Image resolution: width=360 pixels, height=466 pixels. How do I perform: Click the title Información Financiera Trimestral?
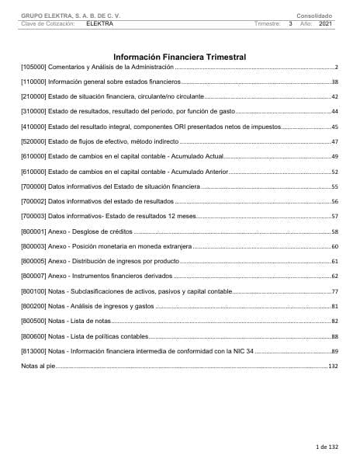179,57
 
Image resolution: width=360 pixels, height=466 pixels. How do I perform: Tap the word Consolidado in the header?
313,15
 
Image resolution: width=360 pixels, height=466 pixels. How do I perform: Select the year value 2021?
325,24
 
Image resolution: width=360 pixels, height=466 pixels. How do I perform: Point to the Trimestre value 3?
289,24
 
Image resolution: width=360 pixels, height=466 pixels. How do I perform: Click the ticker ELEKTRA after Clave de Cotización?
100,24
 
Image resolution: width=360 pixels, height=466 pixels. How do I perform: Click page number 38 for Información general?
334,82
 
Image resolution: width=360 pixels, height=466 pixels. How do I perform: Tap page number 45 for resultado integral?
334,126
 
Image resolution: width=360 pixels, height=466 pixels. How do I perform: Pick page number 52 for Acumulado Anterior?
334,171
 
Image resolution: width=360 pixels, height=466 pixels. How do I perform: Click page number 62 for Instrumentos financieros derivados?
334,276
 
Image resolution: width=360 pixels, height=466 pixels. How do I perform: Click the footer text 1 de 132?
327,448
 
